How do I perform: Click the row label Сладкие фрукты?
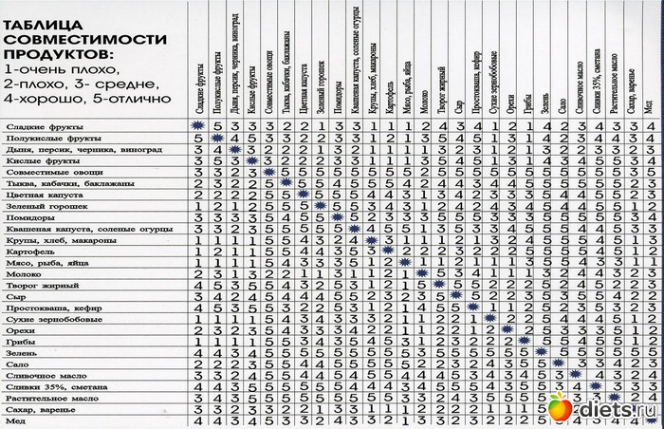[45, 127]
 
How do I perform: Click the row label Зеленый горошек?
[47, 205]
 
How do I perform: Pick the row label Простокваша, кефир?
[53, 307]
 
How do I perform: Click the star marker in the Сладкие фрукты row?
[198, 125]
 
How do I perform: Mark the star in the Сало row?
[561, 363]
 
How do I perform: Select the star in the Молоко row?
[423, 274]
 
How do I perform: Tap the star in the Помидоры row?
[337, 217]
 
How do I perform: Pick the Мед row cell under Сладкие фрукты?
[198, 420]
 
